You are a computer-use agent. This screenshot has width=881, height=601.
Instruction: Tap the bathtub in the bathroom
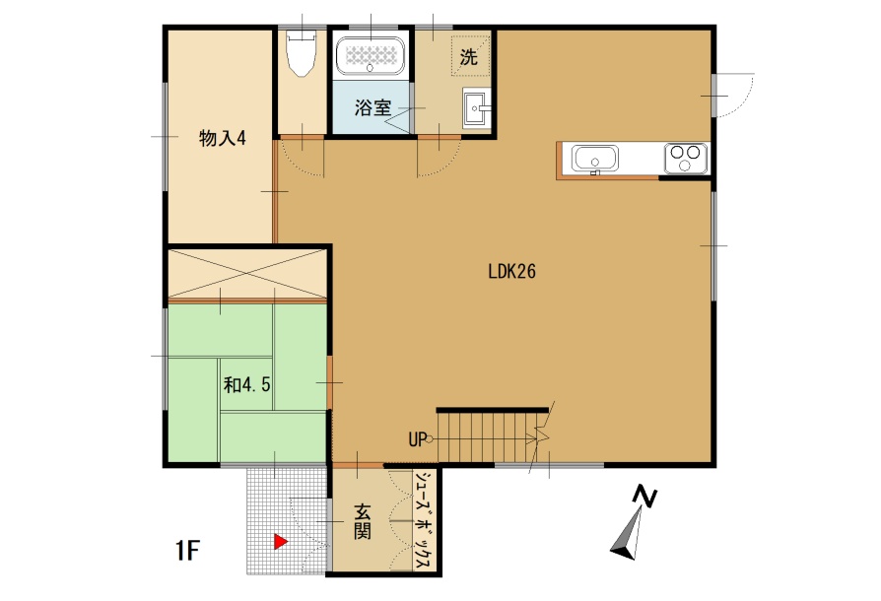tap(371, 55)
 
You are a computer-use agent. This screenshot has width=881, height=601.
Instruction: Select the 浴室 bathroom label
tap(372, 107)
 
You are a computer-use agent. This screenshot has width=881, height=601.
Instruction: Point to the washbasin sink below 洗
tap(476, 107)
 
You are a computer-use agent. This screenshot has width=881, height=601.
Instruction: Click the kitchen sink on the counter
tap(594, 159)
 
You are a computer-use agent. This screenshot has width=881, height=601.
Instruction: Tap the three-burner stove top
tap(686, 158)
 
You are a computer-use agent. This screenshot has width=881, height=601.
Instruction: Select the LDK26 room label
tap(511, 272)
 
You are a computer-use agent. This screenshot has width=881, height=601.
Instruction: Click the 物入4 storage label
tap(223, 138)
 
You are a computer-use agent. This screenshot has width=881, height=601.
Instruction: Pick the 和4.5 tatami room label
tap(246, 385)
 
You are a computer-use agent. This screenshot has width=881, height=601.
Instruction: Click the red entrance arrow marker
tap(281, 542)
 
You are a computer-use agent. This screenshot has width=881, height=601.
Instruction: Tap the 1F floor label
tap(187, 551)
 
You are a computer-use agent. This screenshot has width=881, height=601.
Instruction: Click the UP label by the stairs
tap(418, 439)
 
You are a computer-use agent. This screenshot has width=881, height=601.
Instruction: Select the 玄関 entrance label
tap(362, 522)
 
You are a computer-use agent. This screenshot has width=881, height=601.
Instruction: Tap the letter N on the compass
tap(644, 497)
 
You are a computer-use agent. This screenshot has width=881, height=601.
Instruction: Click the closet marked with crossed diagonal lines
tap(247, 274)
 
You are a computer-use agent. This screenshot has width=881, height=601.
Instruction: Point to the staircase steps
tap(487, 437)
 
